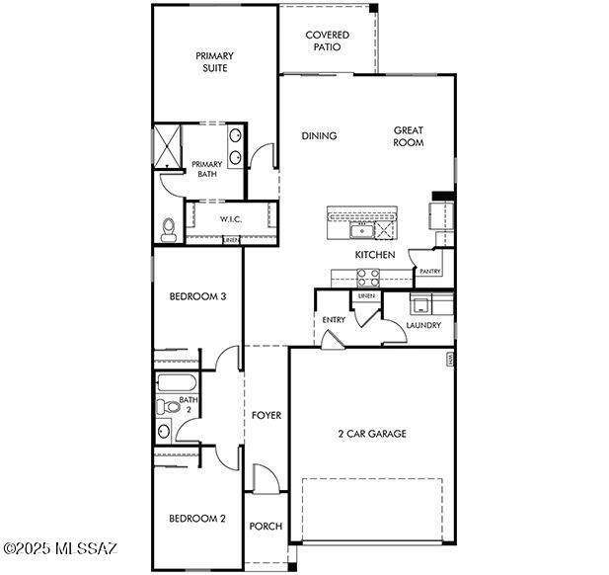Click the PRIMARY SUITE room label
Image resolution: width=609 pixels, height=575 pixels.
point(211,62)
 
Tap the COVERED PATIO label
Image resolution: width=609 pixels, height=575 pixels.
point(326,40)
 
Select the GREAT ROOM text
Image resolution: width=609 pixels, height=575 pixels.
point(409,135)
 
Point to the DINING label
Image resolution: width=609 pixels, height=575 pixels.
point(319,136)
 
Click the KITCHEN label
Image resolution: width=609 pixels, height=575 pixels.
point(375,255)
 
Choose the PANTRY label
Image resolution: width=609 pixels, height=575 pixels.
point(430,271)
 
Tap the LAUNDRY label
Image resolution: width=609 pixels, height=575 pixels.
point(423,325)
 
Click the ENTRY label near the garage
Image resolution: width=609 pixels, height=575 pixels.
point(333,319)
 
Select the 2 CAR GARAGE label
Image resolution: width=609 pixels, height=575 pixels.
point(372,433)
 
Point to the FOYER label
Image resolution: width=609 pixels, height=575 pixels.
point(266,416)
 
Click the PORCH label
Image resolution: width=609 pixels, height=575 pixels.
point(265,526)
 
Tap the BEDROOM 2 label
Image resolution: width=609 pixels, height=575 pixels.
point(197,519)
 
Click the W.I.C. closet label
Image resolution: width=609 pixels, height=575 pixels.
point(231,219)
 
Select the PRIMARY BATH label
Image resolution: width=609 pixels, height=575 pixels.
point(206,169)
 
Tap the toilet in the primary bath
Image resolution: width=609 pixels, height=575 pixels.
point(168,228)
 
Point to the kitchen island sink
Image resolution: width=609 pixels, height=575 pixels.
point(361,230)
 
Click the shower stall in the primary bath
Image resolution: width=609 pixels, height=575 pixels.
point(167,144)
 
